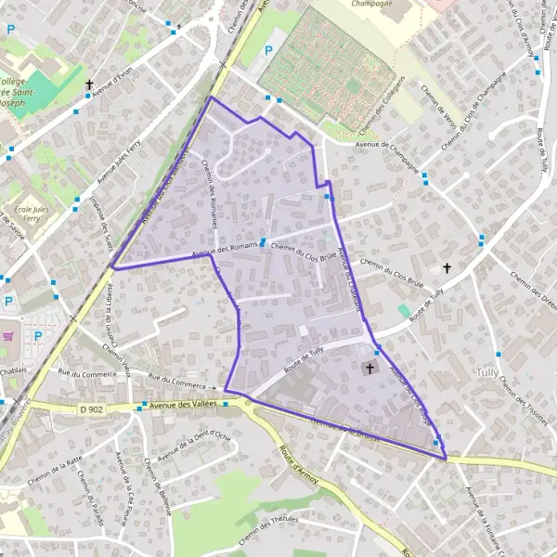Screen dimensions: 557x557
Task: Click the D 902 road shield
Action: [90, 408]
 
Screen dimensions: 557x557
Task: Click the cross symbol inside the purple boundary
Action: [369, 369]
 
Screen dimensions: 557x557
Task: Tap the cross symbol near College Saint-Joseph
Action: [89, 84]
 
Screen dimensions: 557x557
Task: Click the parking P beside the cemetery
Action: [269, 50]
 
